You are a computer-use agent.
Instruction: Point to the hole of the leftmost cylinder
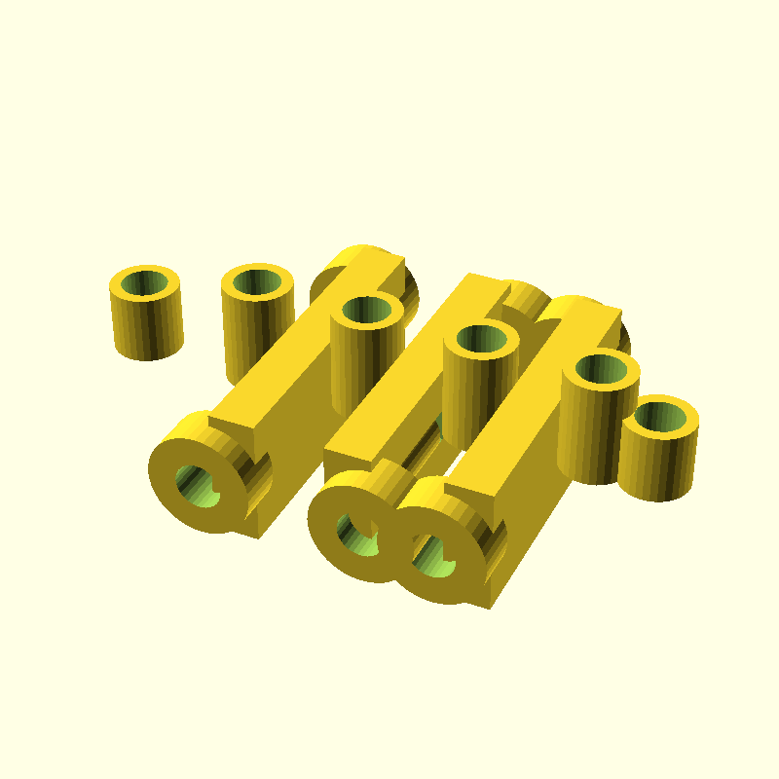click(146, 283)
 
